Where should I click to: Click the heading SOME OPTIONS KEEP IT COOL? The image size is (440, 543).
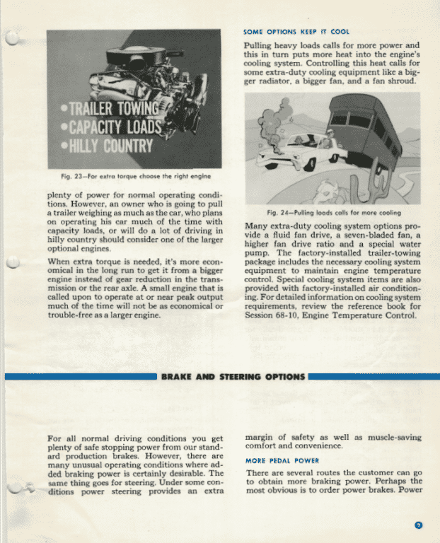pyautogui.click(x=296, y=33)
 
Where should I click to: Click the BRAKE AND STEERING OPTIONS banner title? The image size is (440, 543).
pyautogui.click(x=233, y=377)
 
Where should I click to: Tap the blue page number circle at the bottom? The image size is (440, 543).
pyautogui.click(x=419, y=525)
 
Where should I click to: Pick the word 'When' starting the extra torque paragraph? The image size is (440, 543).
pyautogui.click(x=59, y=262)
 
